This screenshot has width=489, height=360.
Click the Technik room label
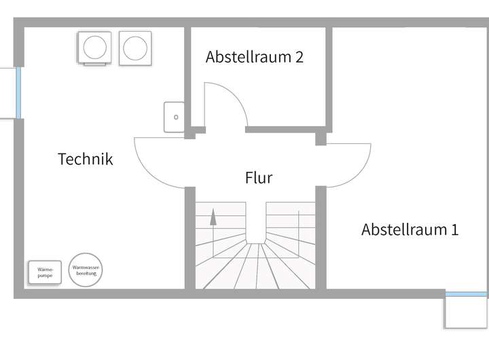[86, 160]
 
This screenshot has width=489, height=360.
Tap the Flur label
[259, 178]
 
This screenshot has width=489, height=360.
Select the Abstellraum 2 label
[255, 56]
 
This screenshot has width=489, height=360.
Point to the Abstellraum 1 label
[410, 230]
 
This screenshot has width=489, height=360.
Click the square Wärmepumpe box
[45, 272]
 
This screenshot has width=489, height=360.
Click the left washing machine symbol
[95, 48]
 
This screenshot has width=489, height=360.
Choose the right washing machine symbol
[134, 48]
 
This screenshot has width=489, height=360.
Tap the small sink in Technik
[174, 117]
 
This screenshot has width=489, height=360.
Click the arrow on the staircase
[213, 217]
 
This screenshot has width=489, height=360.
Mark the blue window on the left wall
[19, 92]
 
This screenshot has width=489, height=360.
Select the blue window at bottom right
[467, 294]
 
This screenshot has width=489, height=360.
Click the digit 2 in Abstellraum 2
[299, 56]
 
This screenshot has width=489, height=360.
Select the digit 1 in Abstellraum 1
[454, 230]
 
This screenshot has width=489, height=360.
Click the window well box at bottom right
[467, 312]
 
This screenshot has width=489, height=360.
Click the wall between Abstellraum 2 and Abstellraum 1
[329, 78]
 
